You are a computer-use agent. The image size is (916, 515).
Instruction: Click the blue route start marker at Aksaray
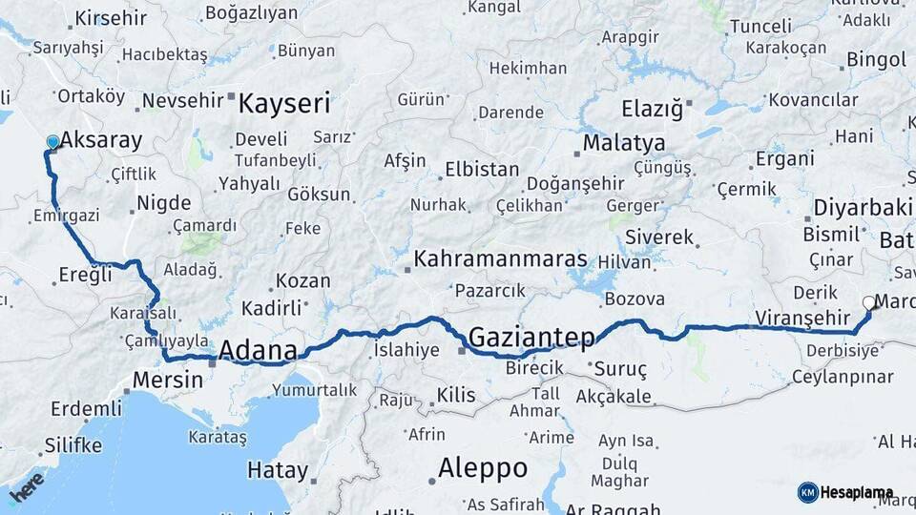point(52,142)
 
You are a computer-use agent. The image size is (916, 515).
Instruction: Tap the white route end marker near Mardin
point(868,303)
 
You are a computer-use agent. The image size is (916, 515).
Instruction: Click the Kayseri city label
point(284,103)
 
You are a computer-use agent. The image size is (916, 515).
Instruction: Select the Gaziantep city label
point(531,336)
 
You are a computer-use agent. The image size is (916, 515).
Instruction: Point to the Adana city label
point(258,351)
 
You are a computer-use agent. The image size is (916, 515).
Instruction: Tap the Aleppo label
point(482,467)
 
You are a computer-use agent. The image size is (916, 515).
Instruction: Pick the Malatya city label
point(624,143)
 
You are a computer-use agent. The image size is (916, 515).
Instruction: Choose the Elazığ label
point(653,109)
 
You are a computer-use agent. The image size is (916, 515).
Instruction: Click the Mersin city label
point(168,379)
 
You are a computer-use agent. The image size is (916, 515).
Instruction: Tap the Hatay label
point(278,470)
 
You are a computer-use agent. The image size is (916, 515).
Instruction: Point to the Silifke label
point(73,445)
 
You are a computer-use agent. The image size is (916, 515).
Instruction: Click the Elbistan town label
point(482,170)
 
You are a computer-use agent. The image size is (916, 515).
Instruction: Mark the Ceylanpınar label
point(841,377)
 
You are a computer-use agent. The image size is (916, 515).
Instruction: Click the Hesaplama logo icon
point(808,492)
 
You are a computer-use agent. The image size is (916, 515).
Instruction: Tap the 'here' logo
point(27,485)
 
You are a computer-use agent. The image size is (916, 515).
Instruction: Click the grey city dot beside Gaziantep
point(462,350)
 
